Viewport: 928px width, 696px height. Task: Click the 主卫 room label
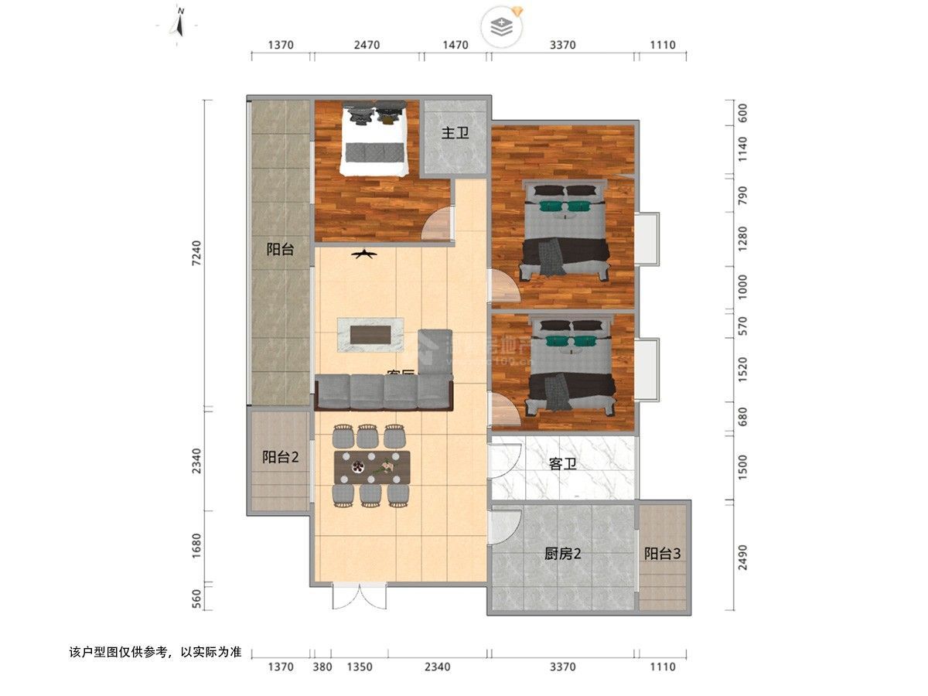(x=455, y=133)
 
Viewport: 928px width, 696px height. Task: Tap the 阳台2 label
(x=280, y=457)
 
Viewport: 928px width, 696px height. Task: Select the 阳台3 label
(x=663, y=554)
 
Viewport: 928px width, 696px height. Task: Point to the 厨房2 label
(x=562, y=554)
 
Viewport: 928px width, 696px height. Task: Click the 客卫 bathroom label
(x=562, y=464)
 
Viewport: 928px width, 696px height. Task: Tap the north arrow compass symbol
(x=178, y=23)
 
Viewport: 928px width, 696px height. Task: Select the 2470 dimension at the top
(x=367, y=45)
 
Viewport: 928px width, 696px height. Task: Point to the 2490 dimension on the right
(x=742, y=556)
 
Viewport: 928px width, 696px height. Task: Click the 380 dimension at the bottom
(x=322, y=667)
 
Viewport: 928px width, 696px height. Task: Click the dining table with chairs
(x=372, y=466)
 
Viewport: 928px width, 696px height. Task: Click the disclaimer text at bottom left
(x=155, y=652)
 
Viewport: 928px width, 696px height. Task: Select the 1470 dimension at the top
(x=455, y=45)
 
